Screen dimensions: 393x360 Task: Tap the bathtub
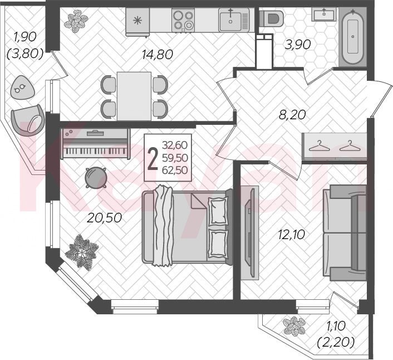pyautogui.click(x=353, y=36)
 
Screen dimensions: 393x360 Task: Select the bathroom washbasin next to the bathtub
pyautogui.click(x=324, y=14)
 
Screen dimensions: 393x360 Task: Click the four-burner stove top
pyautogui.click(x=183, y=20)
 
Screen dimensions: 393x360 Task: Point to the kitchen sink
pyautogui.click(x=234, y=20)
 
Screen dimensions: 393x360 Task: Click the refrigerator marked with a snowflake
pyautogui.click(x=137, y=22)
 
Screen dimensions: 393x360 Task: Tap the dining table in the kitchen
pyautogui.click(x=134, y=96)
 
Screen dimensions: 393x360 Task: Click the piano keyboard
pyautogui.click(x=96, y=144)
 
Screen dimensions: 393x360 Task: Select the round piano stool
pyautogui.click(x=96, y=178)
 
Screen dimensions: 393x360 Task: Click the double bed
pyautogui.click(x=187, y=226)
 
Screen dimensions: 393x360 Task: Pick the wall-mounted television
pyautogui.click(x=249, y=232)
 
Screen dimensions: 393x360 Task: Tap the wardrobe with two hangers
pyautogui.click(x=334, y=146)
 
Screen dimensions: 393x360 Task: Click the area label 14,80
pyautogui.click(x=158, y=55)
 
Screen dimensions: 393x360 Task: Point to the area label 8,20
pyautogui.click(x=292, y=115)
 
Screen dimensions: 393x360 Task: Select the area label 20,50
pyautogui.click(x=104, y=218)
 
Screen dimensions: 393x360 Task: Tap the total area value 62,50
pyautogui.click(x=175, y=170)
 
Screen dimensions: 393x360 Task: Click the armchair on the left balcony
pyautogui.click(x=28, y=120)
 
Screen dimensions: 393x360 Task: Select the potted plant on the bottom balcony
pyautogui.click(x=294, y=326)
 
